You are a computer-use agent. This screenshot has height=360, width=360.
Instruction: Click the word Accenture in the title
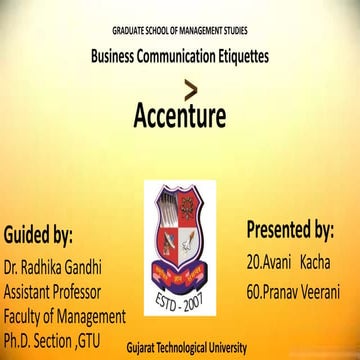point(180,119)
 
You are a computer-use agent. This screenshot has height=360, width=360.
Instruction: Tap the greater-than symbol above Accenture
point(179,85)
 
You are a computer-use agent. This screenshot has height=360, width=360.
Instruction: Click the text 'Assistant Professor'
point(65,293)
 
